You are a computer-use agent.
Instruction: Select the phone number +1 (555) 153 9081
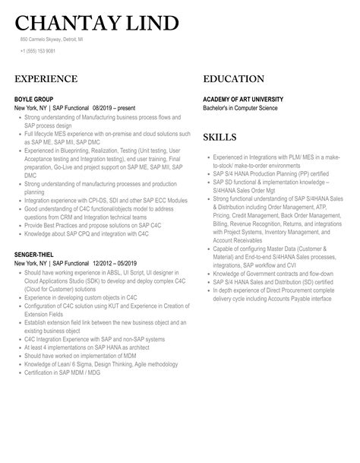(x=38, y=51)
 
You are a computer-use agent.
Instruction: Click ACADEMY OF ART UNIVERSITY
(x=243, y=100)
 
